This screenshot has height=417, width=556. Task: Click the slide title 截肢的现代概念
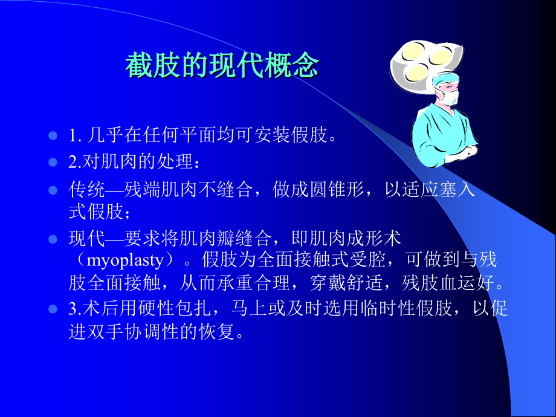[222, 65]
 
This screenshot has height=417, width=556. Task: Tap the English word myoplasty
[125, 260]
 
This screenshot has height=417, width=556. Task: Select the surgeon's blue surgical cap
[445, 79]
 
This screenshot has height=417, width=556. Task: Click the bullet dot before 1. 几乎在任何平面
[53, 136]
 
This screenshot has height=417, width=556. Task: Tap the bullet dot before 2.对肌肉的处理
[53, 163]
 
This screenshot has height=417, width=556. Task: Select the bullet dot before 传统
[53, 190]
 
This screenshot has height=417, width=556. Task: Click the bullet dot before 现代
[53, 239]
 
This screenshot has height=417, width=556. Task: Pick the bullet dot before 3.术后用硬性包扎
[53, 309]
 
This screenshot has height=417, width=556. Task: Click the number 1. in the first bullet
[75, 135]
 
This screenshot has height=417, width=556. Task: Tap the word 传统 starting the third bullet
[86, 189]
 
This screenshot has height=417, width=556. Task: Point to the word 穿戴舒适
[346, 283]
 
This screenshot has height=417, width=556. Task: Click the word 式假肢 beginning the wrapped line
[95, 212]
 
